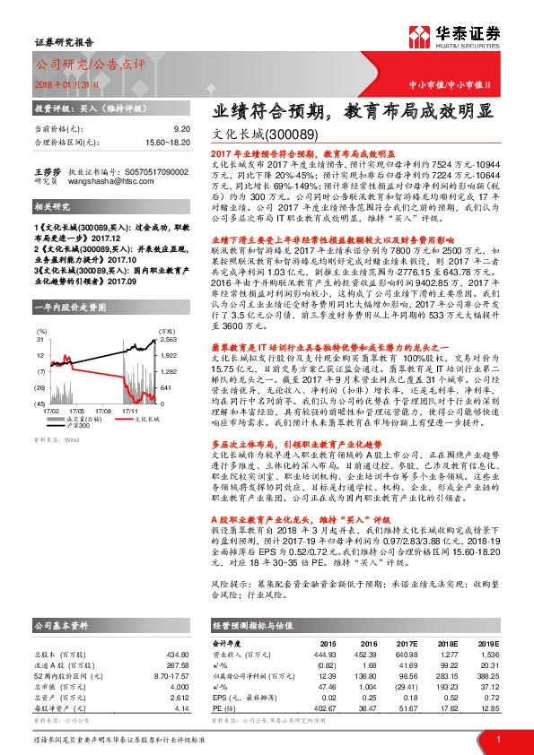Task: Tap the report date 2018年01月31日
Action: [x=67, y=82]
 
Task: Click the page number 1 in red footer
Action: [x=498, y=738]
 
